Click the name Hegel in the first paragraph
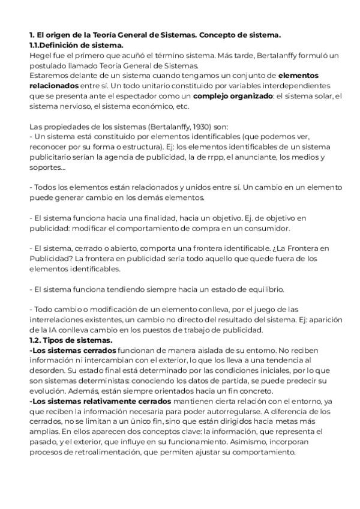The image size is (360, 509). tap(39, 55)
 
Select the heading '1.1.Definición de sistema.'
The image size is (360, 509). tap(76, 45)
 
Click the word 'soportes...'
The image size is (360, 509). tap(48, 167)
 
